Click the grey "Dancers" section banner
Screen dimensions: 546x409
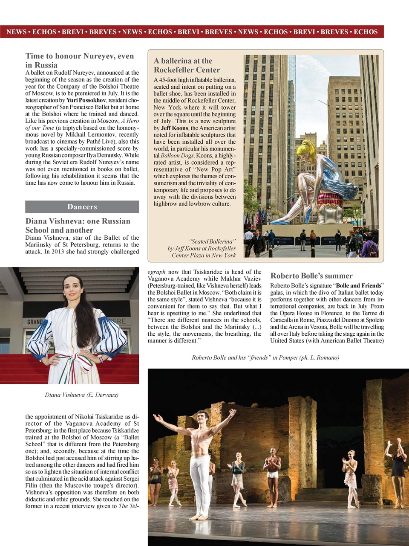tap(82, 207)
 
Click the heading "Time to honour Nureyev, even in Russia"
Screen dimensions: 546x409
tap(80, 61)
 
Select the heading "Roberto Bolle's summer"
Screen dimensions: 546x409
tap(311, 276)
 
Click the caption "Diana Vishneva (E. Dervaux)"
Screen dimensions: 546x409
tap(82, 395)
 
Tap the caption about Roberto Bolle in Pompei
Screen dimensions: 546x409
tap(265, 357)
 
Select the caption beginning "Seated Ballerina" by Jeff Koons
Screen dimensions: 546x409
tap(202, 248)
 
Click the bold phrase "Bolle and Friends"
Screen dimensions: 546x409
tap(359, 286)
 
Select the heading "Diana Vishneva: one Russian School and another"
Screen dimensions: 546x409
tap(78, 226)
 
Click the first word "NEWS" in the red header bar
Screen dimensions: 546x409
tap(16, 32)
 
